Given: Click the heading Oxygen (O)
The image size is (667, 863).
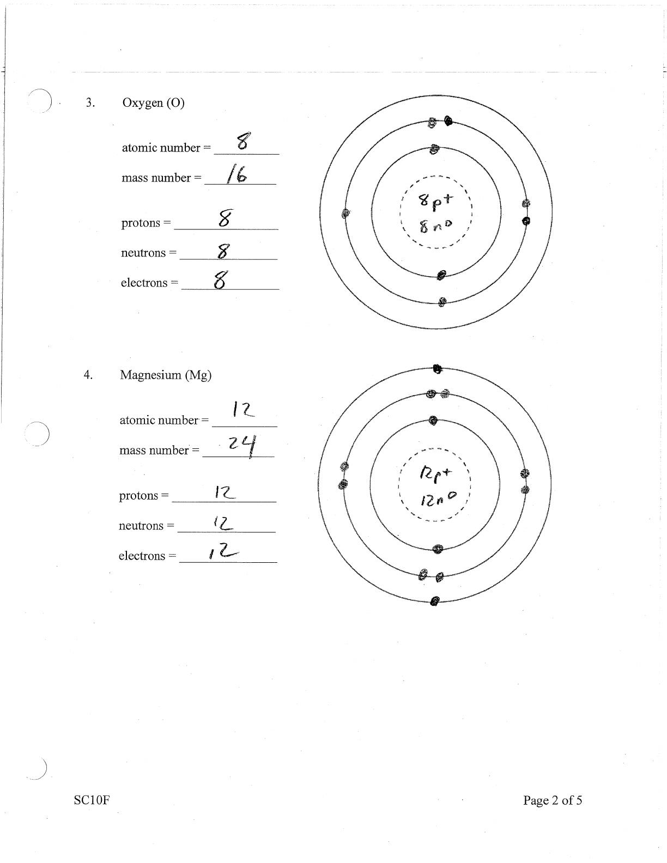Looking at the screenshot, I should pyautogui.click(x=153, y=103).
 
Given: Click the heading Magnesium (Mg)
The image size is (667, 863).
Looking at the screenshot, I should pyautogui.click(x=166, y=375).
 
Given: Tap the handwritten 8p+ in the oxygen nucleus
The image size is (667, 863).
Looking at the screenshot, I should pyautogui.click(x=435, y=201).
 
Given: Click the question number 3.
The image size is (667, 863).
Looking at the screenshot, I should pyautogui.click(x=90, y=103).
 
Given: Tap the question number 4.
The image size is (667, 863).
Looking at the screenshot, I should pyautogui.click(x=88, y=375).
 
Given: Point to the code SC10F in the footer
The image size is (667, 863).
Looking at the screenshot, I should pyautogui.click(x=92, y=800).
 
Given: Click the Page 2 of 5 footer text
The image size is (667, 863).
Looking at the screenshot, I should pyautogui.click(x=553, y=800).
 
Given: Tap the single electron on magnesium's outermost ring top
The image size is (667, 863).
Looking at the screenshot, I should pyautogui.click(x=436, y=369).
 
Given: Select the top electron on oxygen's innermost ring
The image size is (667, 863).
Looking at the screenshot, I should pyautogui.click(x=434, y=149).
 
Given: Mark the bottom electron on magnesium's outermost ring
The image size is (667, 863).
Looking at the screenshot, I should pyautogui.click(x=434, y=601).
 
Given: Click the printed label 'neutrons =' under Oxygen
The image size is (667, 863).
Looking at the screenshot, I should pyautogui.click(x=149, y=253).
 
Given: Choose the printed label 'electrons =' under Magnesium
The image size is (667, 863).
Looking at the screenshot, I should pyautogui.click(x=148, y=556).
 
